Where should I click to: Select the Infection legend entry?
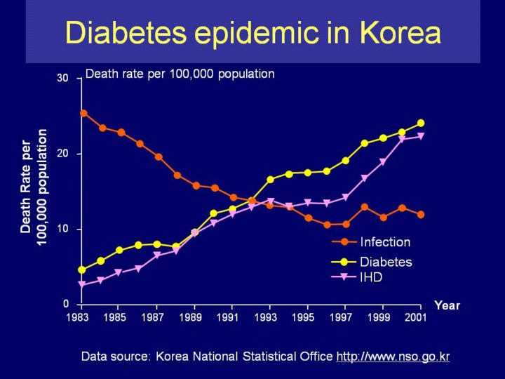coord(384,242)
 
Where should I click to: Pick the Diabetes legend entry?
coord(386,262)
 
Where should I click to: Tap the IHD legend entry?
coord(371,277)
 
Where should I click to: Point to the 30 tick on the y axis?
coord(63,78)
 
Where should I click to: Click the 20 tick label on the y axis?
coord(63,154)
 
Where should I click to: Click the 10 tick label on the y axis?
coord(63,230)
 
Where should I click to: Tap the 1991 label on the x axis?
coord(227,318)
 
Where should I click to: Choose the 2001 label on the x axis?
coord(416,318)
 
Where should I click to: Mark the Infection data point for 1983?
coord(83,113)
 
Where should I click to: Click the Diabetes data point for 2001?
coord(421,123)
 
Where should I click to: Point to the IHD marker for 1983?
coord(82,285)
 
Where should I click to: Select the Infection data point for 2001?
coord(421,214)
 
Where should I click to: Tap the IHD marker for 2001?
coord(421,136)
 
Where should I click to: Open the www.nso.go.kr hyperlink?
coord(393,357)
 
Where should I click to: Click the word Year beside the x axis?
coord(447,305)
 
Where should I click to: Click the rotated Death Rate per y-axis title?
coord(26,187)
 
